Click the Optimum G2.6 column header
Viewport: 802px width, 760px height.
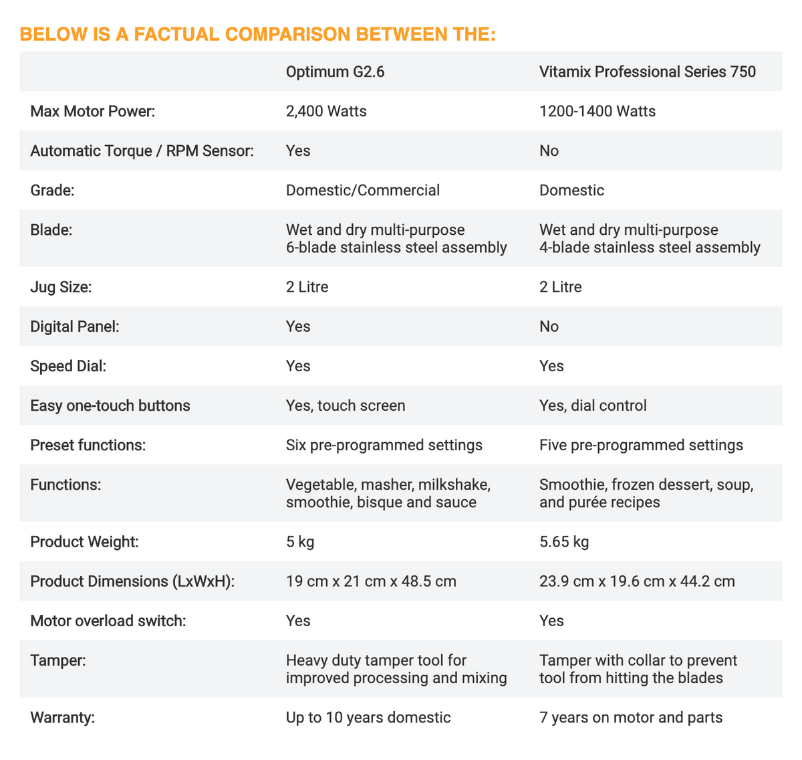coord(335,72)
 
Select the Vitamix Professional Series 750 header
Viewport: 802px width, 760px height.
coord(647,72)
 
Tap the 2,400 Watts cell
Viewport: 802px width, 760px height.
coord(326,111)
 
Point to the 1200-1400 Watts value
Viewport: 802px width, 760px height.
coord(597,111)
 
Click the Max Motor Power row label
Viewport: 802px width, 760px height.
coord(92,111)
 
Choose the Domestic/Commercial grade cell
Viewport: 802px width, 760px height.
coord(362,191)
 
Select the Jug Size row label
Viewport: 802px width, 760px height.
coord(61,288)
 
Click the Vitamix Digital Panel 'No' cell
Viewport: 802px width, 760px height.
coord(549,327)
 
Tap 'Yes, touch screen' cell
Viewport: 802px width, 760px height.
coord(345,406)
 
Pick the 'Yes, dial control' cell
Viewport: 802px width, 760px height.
coord(592,406)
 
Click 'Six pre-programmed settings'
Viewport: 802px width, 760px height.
coord(384,446)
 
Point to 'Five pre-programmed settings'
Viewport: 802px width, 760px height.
coord(640,446)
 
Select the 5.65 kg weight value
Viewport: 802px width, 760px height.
coord(563,542)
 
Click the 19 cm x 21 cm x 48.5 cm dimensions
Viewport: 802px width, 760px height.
coord(371,581)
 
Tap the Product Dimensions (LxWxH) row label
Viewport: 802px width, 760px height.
coord(132,581)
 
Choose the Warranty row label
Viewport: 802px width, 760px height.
coord(63,719)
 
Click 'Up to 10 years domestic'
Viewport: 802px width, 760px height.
coord(368,719)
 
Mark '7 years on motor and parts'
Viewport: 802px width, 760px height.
coord(630,719)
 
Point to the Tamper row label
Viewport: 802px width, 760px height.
coord(58,661)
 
